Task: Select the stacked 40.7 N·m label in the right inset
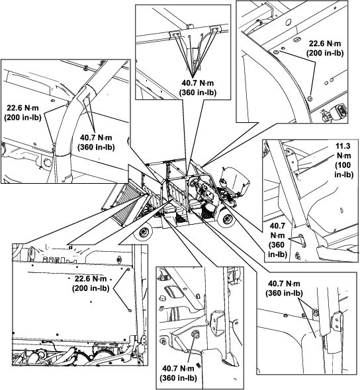[x=277, y=240]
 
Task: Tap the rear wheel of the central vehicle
[x=143, y=233]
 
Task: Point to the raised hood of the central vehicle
[x=236, y=179]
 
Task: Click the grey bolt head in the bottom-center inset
[x=195, y=334]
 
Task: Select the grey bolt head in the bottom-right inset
[x=316, y=313]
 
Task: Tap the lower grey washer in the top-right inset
[x=310, y=98]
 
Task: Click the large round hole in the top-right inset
[x=288, y=22]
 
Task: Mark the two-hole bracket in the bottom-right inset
[x=337, y=322]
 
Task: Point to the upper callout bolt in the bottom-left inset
[x=128, y=270]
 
